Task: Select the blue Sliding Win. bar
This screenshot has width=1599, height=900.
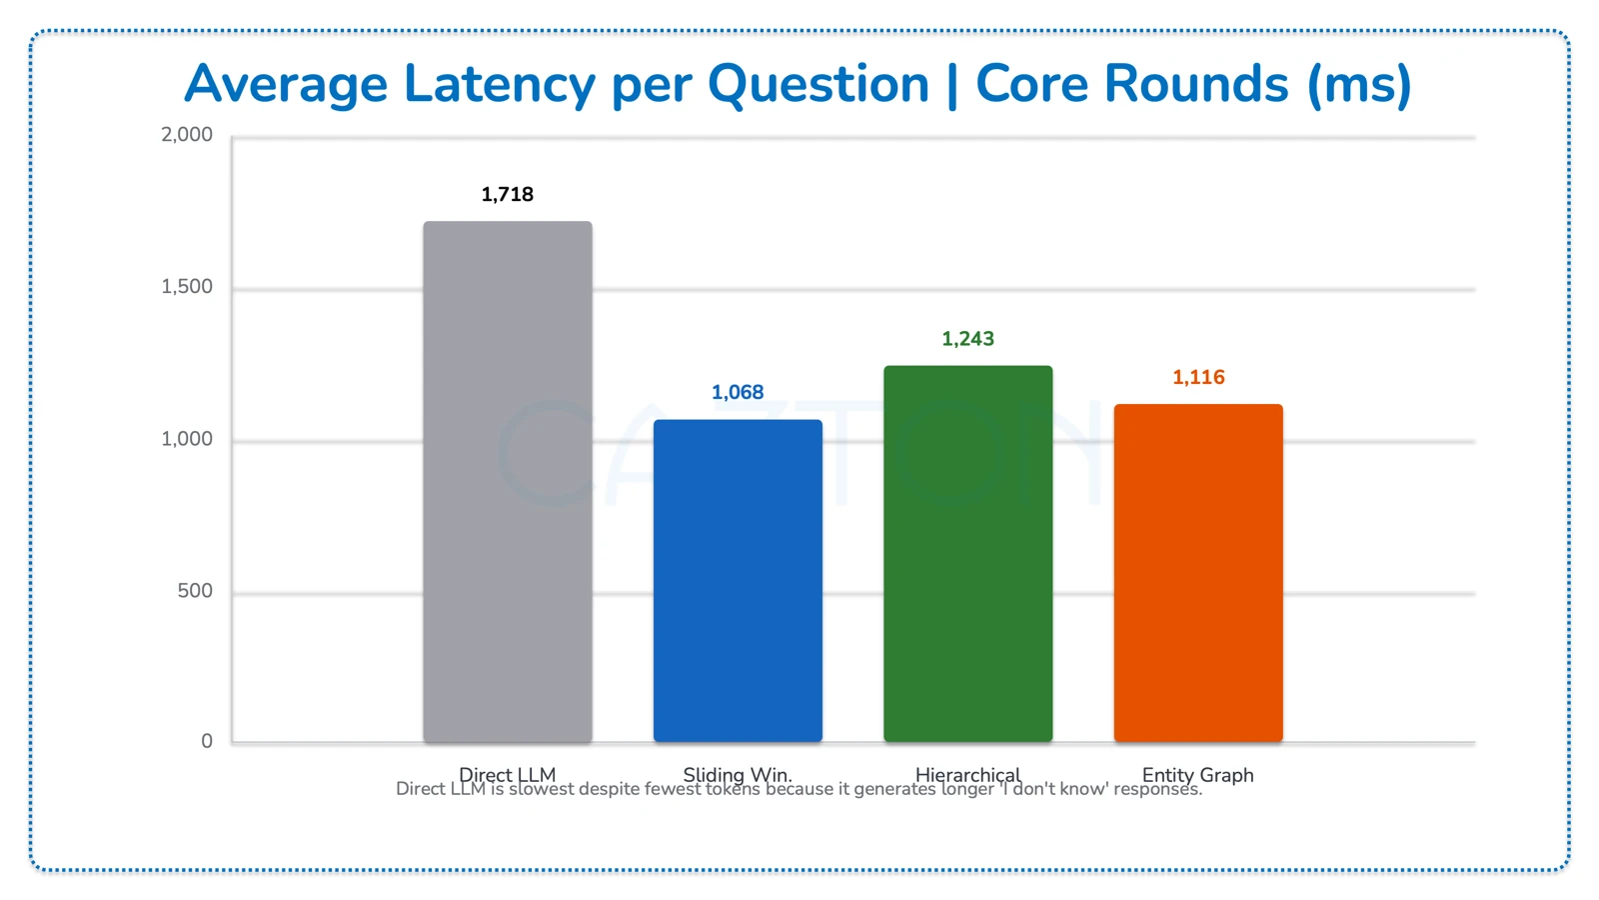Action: pos(738,581)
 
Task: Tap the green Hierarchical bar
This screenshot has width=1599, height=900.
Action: pos(967,554)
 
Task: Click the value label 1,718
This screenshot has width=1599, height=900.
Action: pos(508,194)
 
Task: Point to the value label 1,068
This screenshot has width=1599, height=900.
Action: pos(738,392)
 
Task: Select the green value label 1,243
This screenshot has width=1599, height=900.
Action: pos(967,339)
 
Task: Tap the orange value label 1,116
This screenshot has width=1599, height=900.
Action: pos(1198,377)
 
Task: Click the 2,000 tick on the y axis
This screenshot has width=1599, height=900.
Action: pos(187,135)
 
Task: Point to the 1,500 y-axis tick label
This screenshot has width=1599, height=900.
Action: pos(187,287)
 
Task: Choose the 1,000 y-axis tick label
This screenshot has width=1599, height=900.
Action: pos(187,439)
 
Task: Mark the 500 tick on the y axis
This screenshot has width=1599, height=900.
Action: pos(195,591)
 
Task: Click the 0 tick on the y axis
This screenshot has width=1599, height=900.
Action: pos(207,741)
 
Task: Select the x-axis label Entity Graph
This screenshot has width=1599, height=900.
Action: pos(1197,774)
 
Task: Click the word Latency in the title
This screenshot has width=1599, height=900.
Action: pos(500,84)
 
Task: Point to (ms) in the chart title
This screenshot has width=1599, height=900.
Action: pos(1359,84)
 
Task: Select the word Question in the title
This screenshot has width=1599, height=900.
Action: pos(818,84)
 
